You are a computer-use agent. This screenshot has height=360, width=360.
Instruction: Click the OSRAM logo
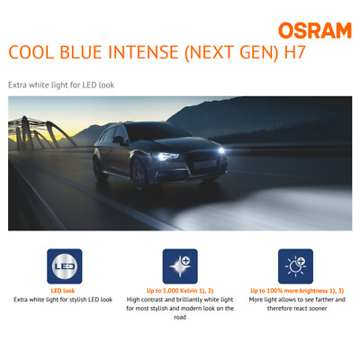pos(315,31)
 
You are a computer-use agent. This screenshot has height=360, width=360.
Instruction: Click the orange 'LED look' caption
pos(63,290)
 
